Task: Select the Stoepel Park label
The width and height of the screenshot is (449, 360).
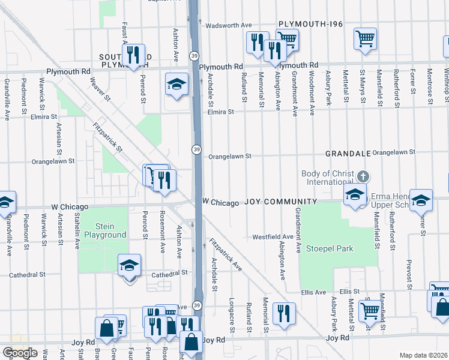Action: (x=330, y=248)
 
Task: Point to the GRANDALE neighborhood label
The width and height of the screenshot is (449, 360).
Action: (x=348, y=154)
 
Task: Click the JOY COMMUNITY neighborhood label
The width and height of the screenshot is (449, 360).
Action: (x=280, y=202)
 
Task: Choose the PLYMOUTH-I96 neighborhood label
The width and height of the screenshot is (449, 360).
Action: (x=310, y=24)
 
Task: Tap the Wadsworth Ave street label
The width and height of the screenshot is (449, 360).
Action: (x=228, y=26)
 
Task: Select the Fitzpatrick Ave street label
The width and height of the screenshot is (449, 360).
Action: (x=225, y=255)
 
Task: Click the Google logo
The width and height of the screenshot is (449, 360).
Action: (x=20, y=353)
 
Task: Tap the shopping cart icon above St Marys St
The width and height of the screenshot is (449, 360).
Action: (x=365, y=40)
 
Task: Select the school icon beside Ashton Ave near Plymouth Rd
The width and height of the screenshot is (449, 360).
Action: (x=176, y=84)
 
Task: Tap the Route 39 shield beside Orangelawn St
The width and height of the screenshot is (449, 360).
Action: (x=196, y=149)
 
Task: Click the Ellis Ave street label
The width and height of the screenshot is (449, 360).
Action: (x=317, y=292)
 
